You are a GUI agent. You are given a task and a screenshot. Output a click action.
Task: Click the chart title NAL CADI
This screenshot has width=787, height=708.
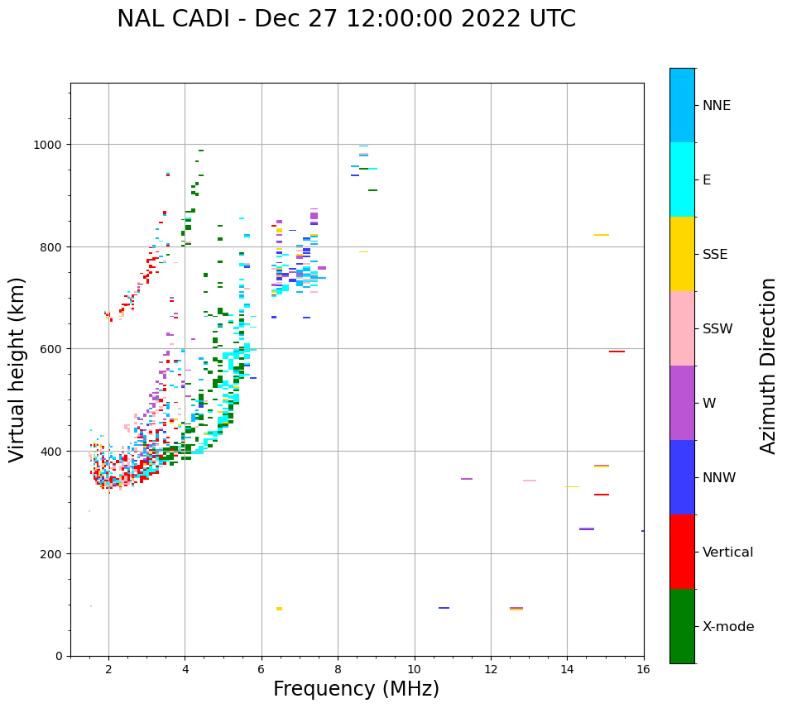pos(346,19)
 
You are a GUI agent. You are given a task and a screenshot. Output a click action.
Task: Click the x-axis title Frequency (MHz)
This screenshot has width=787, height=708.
pos(356,689)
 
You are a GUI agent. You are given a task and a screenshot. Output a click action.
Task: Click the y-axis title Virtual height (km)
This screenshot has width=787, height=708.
pos(18,369)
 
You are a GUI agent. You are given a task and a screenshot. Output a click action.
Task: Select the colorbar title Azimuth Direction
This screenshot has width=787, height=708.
pos(769,366)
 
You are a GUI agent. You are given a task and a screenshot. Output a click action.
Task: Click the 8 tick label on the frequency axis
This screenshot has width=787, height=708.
pos(338,670)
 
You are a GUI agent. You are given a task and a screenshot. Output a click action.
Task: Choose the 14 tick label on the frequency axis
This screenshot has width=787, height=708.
pos(567,670)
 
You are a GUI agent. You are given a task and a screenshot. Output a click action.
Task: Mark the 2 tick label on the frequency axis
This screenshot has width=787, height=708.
pos(108,670)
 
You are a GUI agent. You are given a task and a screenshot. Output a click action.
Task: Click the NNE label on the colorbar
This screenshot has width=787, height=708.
pos(717,106)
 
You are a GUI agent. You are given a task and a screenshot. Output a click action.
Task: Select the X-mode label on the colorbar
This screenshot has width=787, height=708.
pos(728,627)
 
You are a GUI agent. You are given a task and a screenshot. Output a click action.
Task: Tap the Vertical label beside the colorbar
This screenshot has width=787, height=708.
pos(728,553)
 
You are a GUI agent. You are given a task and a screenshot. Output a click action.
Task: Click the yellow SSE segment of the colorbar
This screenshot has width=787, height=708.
pos(682,254)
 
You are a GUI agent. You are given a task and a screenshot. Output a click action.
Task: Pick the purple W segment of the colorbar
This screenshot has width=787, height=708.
pos(682,403)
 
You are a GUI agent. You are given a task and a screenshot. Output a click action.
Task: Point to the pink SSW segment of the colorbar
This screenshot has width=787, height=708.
pos(682,328)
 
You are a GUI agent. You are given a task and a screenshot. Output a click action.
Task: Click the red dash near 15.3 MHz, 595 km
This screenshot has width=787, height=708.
pos(617,352)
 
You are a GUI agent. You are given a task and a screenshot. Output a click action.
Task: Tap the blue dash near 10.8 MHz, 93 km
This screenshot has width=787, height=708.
pos(444,608)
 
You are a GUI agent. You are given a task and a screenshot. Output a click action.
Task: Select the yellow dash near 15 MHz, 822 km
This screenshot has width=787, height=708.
pos(601,235)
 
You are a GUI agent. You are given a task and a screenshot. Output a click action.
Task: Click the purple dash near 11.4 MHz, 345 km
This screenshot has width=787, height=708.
pos(467,479)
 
